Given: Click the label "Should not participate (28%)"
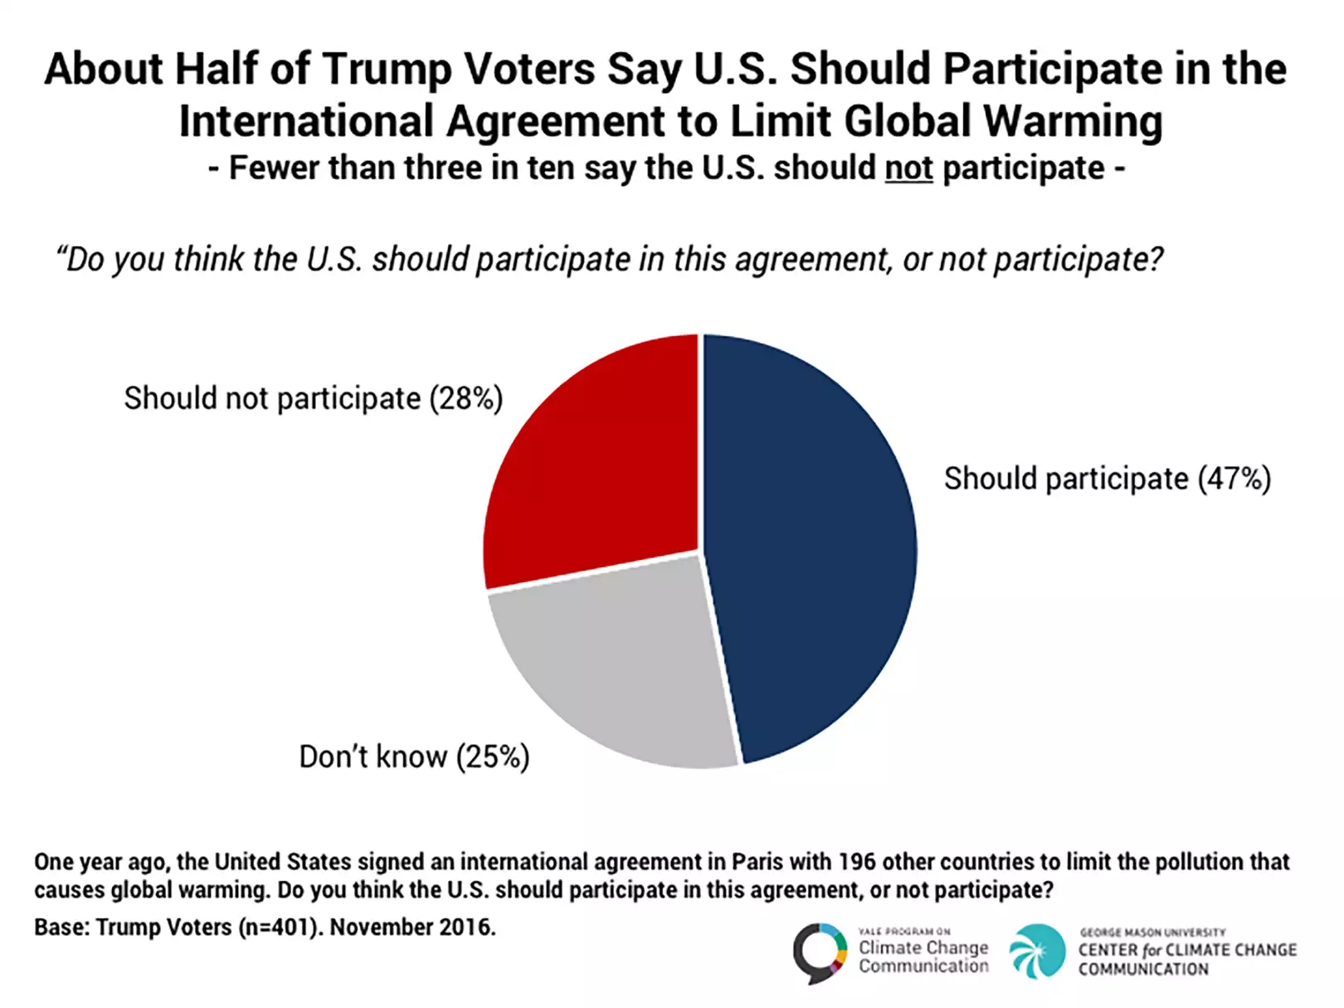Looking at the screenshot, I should pyautogui.click(x=314, y=399).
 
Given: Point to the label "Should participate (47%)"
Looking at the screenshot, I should pyautogui.click(x=1107, y=480).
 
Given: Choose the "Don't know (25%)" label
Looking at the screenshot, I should pyautogui.click(x=414, y=757).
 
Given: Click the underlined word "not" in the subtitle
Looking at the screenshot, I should pyautogui.click(x=908, y=168).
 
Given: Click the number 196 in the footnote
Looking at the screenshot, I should pyautogui.click(x=857, y=862).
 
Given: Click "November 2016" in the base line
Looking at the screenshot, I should pyautogui.click(x=412, y=927).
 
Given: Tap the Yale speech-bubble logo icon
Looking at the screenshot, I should pyautogui.click(x=819, y=952).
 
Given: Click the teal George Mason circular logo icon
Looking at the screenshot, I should pyautogui.click(x=1037, y=952).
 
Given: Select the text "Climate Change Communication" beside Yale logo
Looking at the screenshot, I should pyautogui.click(x=923, y=957).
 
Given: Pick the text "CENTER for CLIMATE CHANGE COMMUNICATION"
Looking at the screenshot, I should pyautogui.click(x=1186, y=959).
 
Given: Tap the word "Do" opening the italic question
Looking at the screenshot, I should pyautogui.click(x=84, y=261).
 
